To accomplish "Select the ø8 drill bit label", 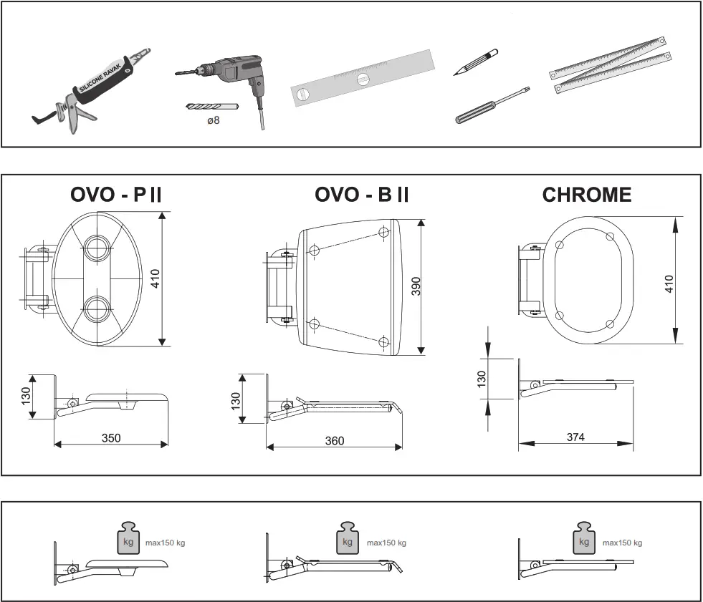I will pyautogui.click(x=213, y=120).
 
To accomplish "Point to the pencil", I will pyautogui.click(x=476, y=63).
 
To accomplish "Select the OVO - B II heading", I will pyautogui.click(x=361, y=195).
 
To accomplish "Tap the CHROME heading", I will pyautogui.click(x=586, y=195).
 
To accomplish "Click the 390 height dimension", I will pyautogui.click(x=416, y=286).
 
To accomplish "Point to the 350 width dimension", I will pyautogui.click(x=111, y=437).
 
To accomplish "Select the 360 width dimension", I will pyautogui.click(x=334, y=440).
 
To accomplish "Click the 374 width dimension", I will pyautogui.click(x=575, y=437).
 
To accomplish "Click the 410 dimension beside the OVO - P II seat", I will pyautogui.click(x=156, y=278).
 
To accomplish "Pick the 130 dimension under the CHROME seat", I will pyautogui.click(x=482, y=377).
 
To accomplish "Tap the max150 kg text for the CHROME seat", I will pyautogui.click(x=622, y=543).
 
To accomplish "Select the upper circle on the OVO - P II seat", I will pyautogui.click(x=95, y=249).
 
